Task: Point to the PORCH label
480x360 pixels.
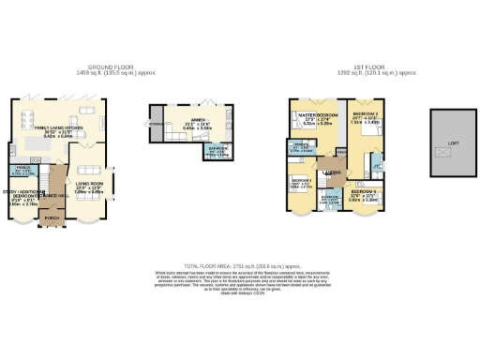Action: pos(52,219)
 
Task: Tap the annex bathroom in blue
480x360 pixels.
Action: pos(217,152)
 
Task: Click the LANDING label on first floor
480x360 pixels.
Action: pos(332,172)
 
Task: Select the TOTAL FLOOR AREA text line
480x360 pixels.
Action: pos(240,267)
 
